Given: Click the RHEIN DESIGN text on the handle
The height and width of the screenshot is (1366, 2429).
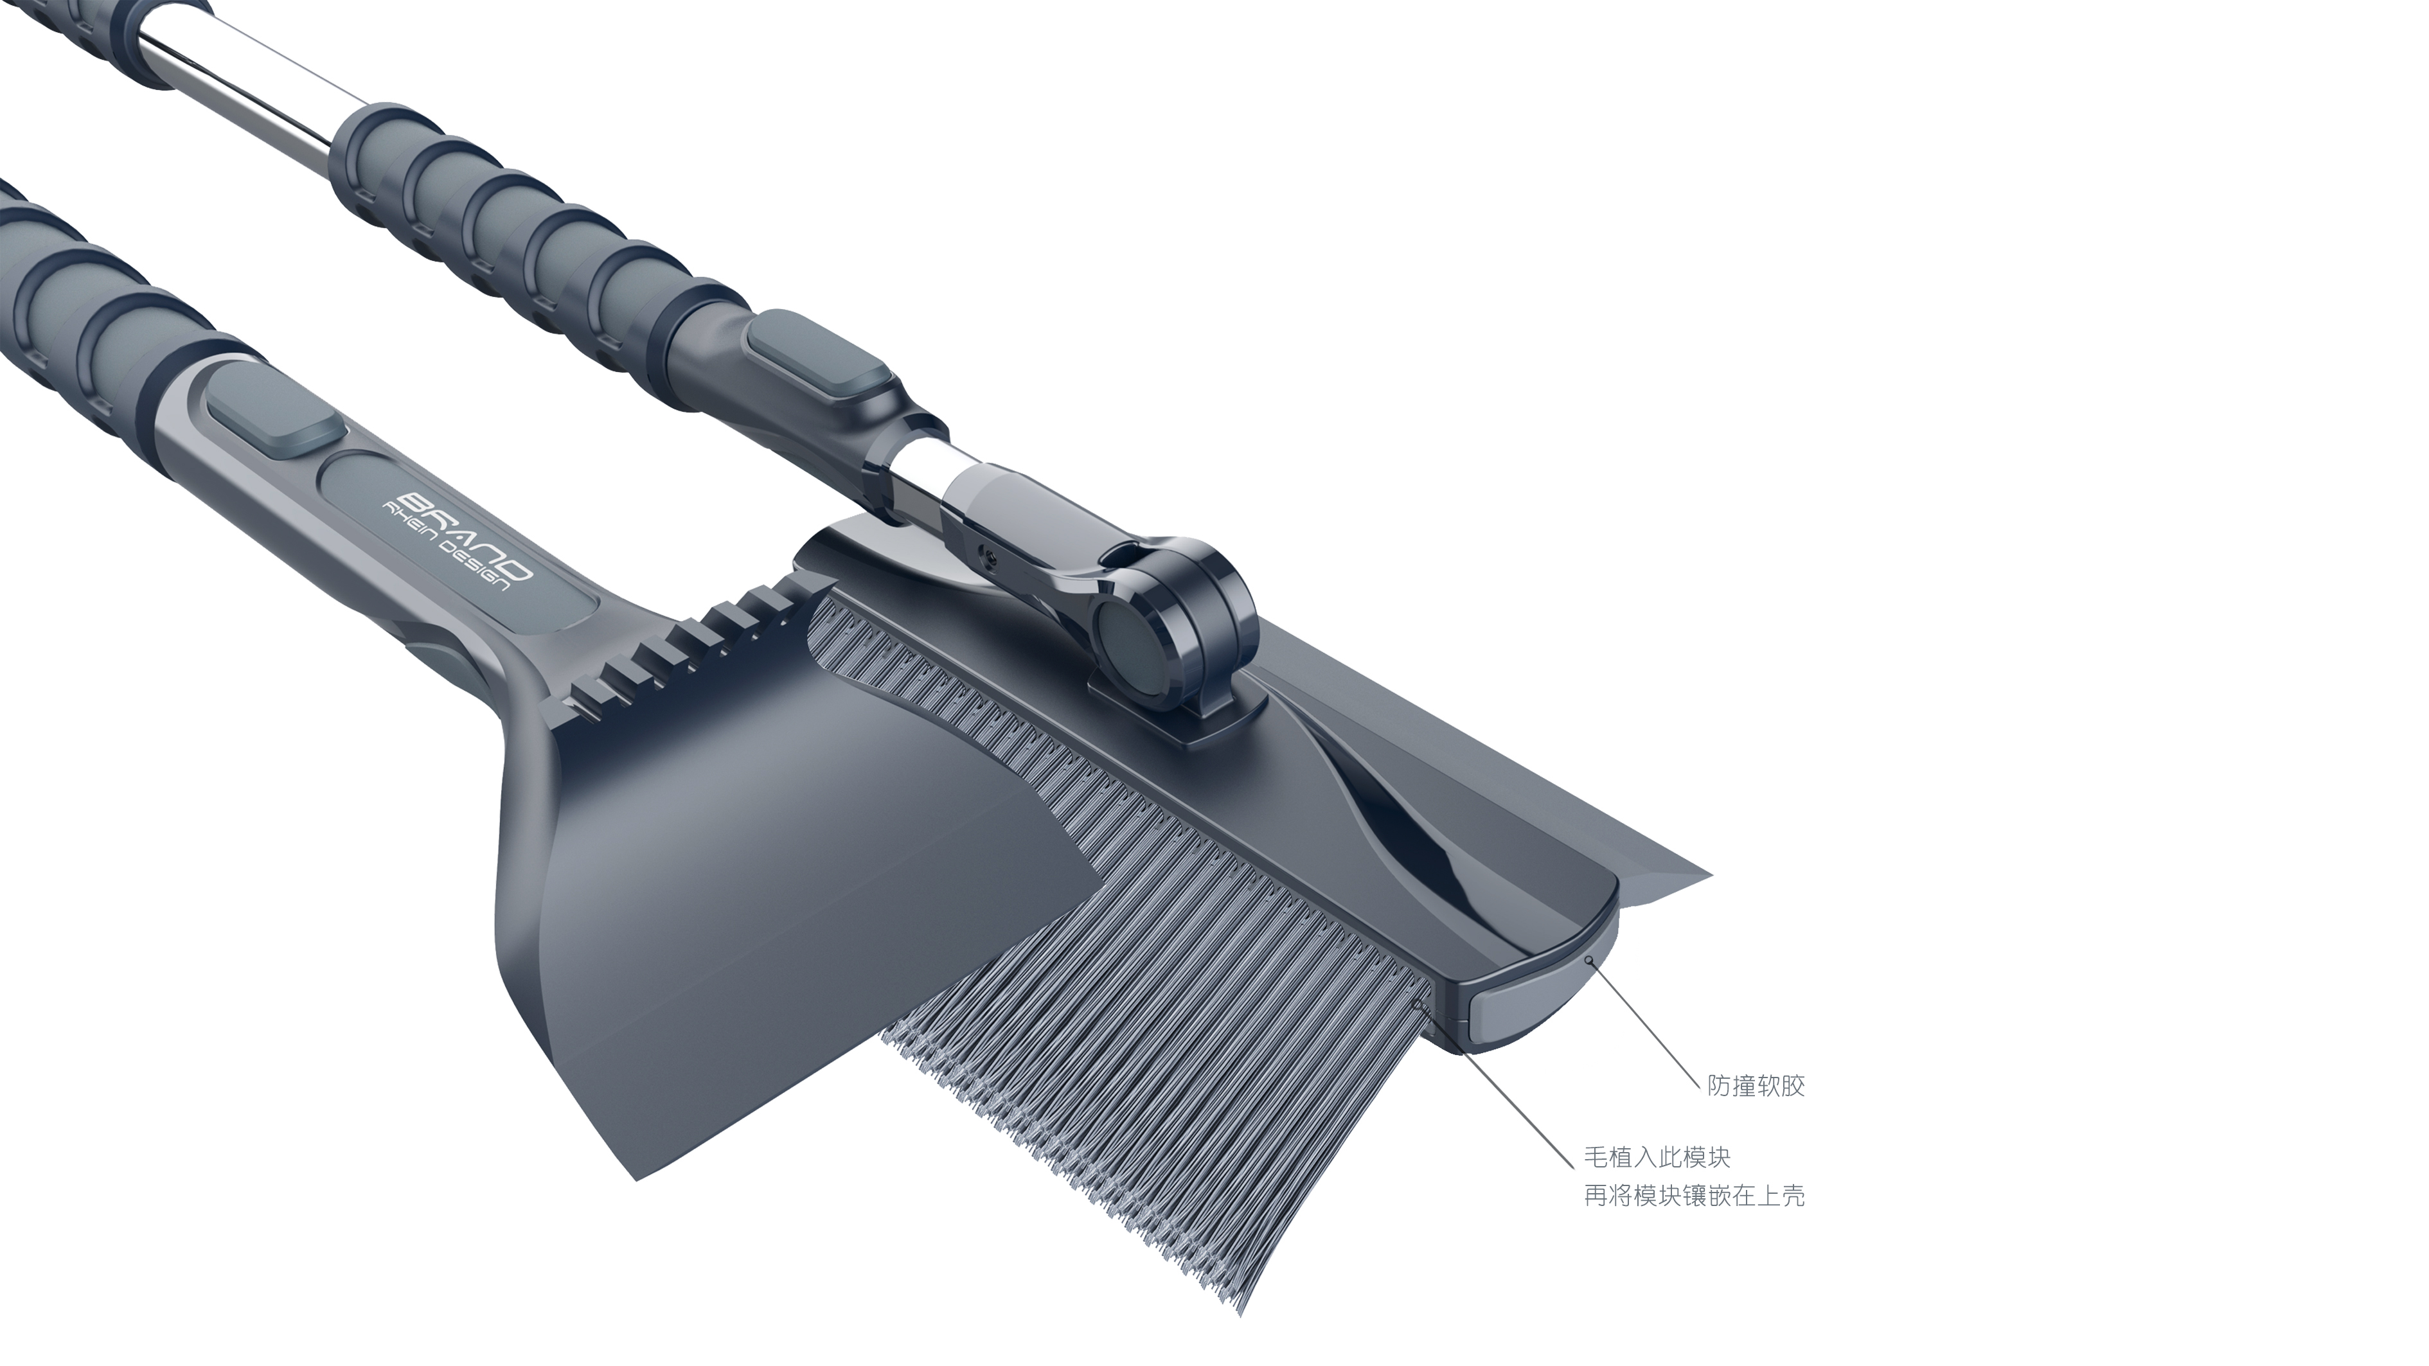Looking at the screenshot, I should pyautogui.click(x=445, y=549).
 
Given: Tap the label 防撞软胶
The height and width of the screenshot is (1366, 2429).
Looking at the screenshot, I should pyautogui.click(x=1756, y=1086).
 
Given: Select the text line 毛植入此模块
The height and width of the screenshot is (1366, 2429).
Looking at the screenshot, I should pyautogui.click(x=1657, y=1158).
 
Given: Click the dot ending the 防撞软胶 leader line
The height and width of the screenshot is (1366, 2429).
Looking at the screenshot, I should pyautogui.click(x=1589, y=961).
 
